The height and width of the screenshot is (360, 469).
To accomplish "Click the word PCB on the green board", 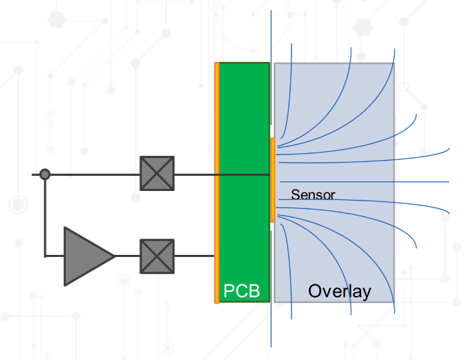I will click(x=242, y=291).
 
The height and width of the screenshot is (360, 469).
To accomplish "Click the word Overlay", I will click(x=339, y=291).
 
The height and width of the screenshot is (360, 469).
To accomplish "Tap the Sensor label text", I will click(x=313, y=194).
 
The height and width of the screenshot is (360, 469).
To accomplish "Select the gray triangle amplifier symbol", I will click(x=86, y=256).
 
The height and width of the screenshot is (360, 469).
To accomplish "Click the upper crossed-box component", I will click(x=157, y=173).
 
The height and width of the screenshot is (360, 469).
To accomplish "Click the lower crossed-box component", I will click(x=157, y=256).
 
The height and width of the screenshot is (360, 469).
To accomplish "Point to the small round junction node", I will click(x=45, y=175).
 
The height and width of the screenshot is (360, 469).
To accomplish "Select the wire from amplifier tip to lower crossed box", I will click(x=127, y=256).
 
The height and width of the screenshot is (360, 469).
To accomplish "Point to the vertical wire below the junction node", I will click(x=45, y=216).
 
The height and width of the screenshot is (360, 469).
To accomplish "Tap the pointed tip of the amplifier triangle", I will click(x=113, y=256).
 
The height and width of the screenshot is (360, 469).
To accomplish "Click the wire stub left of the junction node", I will click(x=36, y=175).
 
